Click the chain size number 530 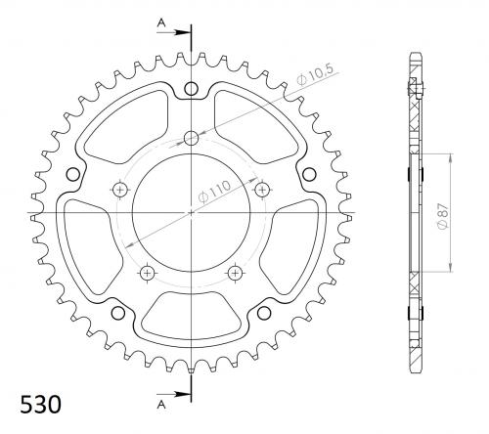click(x=40, y=405)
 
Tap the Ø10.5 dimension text click(x=315, y=75)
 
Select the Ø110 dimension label click(x=214, y=192)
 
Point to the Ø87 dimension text click(x=444, y=217)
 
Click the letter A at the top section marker click(x=161, y=22)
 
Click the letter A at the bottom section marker click(x=161, y=405)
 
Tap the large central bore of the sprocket click(x=192, y=213)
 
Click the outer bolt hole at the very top click(x=191, y=88)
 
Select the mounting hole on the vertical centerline click(x=191, y=139)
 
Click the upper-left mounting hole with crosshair click(x=120, y=190)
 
